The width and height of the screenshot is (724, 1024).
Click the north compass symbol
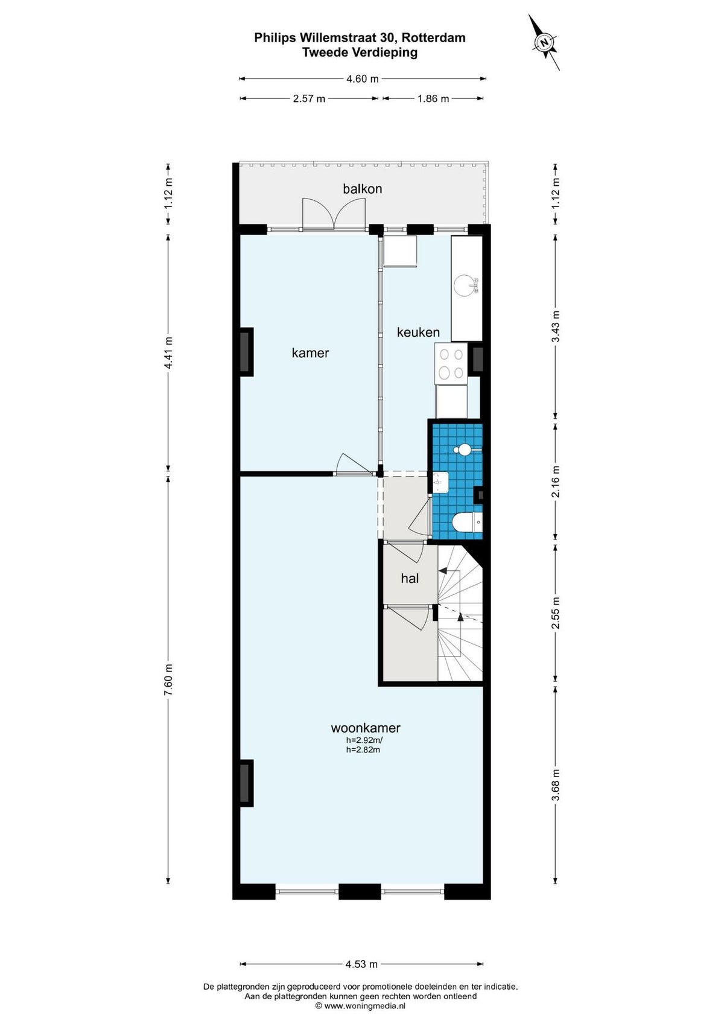(x=544, y=42)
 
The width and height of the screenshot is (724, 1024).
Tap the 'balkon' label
(x=362, y=189)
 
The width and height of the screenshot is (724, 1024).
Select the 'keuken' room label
(x=418, y=332)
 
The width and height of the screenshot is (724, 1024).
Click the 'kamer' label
(x=310, y=353)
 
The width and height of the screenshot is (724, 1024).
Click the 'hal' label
(x=410, y=579)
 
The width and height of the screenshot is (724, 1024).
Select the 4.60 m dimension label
(x=363, y=78)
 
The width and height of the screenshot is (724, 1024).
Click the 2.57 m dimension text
(x=309, y=98)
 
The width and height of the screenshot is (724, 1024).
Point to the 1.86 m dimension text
(x=433, y=98)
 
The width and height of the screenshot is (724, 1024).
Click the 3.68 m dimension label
(x=555, y=785)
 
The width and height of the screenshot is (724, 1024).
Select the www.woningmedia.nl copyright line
(x=360, y=1006)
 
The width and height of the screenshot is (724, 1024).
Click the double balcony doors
(x=334, y=213)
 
